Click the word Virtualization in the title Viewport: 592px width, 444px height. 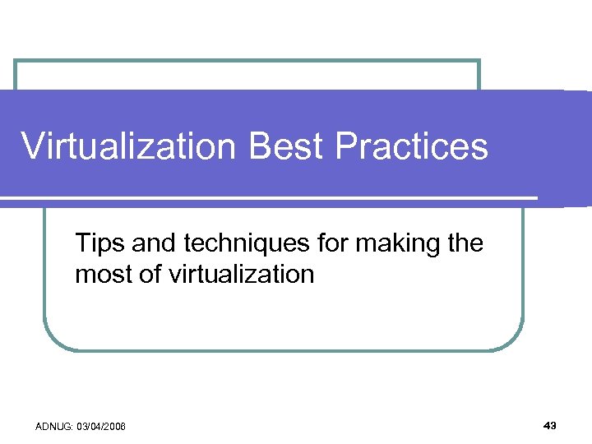click(x=128, y=147)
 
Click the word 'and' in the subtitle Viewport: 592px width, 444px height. click(x=150, y=244)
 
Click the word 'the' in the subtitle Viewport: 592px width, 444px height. click(x=464, y=244)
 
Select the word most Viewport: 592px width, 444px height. click(x=102, y=274)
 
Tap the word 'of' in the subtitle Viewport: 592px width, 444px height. click(x=149, y=274)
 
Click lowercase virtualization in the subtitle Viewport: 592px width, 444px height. click(x=241, y=274)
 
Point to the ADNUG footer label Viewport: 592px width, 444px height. click(x=53, y=426)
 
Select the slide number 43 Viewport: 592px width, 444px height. click(x=550, y=425)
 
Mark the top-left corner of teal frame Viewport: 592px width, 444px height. click(x=16, y=62)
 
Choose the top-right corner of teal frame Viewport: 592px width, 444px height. click(x=479, y=62)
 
